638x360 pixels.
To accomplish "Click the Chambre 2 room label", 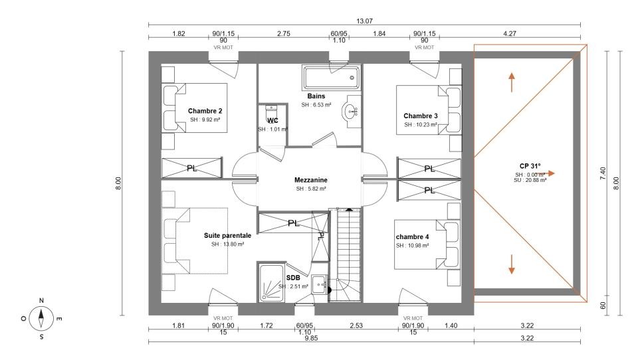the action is (205, 111).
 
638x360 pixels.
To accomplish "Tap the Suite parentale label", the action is (227, 236).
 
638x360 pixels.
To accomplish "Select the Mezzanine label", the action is (311, 180).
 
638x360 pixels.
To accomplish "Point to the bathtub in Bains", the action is (331, 78).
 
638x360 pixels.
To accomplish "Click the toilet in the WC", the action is (271, 111).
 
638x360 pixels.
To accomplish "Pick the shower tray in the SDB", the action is (271, 283).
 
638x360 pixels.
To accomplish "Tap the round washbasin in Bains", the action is (350, 111).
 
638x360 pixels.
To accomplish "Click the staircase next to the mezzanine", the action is (345, 254).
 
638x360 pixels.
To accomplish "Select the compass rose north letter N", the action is (41, 300).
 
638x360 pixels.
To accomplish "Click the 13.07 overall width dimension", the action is (364, 21).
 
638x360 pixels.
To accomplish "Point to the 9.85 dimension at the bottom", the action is (311, 338).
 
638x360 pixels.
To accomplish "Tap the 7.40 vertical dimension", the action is (603, 174).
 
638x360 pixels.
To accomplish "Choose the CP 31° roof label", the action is (530, 166).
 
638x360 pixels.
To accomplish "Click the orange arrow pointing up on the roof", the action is (512, 82).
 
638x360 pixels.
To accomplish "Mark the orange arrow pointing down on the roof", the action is (512, 264).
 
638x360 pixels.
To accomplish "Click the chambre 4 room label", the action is (412, 236).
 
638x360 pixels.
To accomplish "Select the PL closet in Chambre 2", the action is (191, 168).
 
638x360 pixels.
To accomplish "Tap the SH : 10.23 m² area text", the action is (421, 124).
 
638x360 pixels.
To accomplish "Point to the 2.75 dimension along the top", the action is (284, 34).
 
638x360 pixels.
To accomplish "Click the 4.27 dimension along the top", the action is (510, 34).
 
